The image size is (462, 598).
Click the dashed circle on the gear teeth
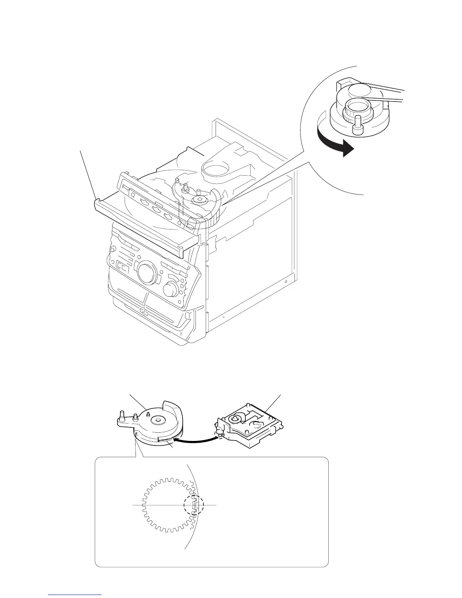click(x=194, y=505)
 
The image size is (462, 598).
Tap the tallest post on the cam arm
click(x=122, y=416)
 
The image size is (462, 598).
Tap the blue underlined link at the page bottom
click(x=75, y=594)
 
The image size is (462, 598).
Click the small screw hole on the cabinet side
click(x=286, y=282)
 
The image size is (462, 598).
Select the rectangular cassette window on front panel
click(x=121, y=266)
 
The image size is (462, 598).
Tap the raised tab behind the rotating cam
click(x=344, y=82)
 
